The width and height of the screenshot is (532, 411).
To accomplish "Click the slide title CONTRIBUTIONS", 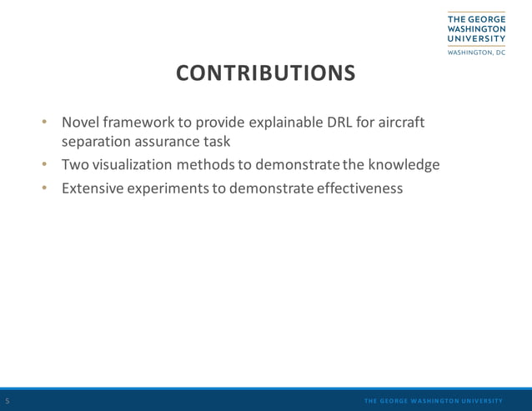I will [265, 73].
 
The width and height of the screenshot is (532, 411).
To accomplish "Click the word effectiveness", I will [360, 188].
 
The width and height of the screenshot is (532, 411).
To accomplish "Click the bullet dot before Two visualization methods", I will [46, 165].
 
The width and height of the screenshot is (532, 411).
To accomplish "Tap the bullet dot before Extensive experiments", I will [46, 188].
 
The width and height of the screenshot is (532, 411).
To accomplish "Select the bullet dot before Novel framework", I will [46, 123].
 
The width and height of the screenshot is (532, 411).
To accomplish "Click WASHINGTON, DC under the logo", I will [476, 52].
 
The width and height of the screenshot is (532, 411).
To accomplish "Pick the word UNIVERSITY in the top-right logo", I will [476, 38].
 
